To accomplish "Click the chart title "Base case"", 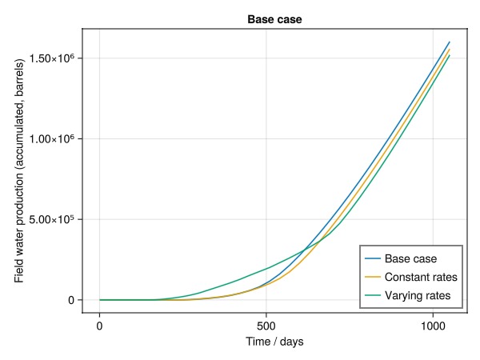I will click(274, 18).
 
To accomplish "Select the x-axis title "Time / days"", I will click(274, 342).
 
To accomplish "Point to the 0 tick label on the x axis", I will click(100, 326).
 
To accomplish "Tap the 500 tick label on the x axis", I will click(266, 326).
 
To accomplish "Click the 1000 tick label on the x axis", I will click(433, 326).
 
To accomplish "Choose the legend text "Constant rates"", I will click(421, 278).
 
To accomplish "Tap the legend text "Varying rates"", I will click(418, 297).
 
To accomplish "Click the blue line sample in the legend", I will click(373, 258).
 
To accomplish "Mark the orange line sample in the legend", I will click(373, 278).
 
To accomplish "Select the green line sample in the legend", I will click(373, 297).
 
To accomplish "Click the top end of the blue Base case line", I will click(450, 42).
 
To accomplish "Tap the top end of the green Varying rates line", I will click(450, 55).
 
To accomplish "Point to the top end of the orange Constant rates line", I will click(450, 50).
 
